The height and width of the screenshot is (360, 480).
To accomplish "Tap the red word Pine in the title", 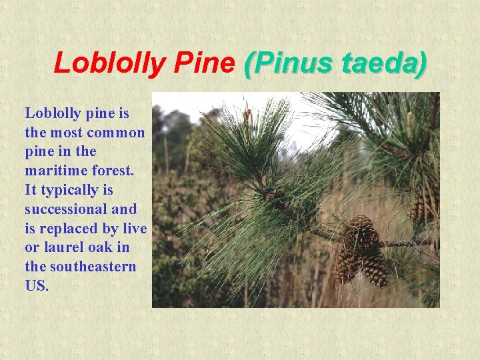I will (x=204, y=63).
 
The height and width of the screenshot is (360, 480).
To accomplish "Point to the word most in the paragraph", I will (x=73, y=132).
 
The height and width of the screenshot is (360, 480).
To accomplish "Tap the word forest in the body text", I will (x=108, y=171).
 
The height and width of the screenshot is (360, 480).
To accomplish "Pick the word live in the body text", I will (x=134, y=228).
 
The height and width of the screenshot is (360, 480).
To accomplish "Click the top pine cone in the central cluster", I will (x=360, y=233).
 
